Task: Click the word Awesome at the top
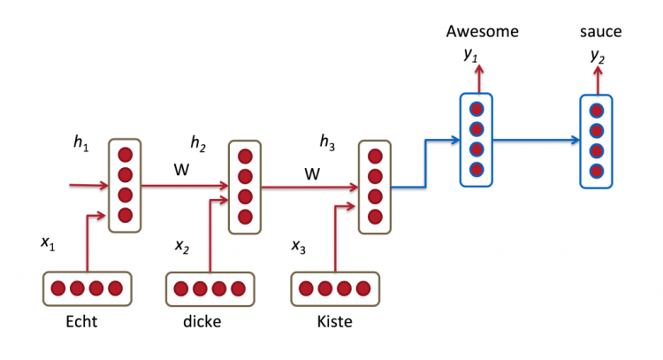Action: pos(481,32)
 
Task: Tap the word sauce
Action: pos(600,32)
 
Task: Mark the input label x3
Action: pos(300,245)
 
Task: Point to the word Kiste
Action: pos(334,322)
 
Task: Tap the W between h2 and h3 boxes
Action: pos(311,174)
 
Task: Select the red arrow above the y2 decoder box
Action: pos(598,80)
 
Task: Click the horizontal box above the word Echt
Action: pos(87,288)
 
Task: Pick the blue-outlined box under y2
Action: pos(597,141)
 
